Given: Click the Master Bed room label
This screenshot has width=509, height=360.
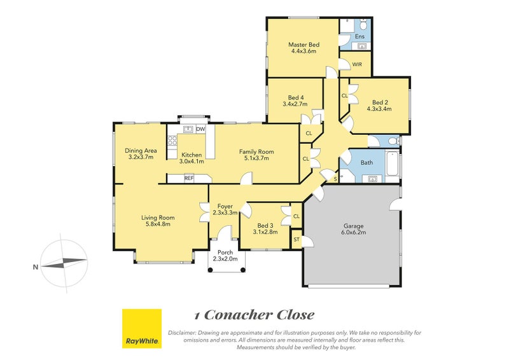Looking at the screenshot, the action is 304,45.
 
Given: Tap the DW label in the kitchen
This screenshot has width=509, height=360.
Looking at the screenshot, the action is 200,129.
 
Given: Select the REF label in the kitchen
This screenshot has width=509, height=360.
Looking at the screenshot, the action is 189,178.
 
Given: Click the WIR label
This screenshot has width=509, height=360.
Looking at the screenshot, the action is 357,64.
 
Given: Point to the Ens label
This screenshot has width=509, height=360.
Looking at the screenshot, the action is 359,36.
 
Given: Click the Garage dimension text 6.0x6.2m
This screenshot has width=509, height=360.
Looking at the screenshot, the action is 354,232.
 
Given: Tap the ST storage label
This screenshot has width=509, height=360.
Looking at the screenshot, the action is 296,240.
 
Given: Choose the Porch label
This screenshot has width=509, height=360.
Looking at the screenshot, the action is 225,253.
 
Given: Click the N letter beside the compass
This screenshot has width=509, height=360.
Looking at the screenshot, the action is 36,267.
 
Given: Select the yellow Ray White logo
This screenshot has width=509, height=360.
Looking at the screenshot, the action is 142,328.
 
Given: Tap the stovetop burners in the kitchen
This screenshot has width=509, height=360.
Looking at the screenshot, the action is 172,141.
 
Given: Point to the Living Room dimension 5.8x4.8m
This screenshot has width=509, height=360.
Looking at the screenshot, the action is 158,224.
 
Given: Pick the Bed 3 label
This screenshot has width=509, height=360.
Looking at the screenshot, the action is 265,226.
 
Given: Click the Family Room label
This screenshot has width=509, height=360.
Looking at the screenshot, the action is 256,151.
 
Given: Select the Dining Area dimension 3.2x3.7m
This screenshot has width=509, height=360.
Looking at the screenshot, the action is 141,157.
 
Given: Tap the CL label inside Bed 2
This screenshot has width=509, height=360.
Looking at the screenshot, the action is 345,96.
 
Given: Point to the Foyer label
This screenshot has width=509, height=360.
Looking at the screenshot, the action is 225,207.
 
